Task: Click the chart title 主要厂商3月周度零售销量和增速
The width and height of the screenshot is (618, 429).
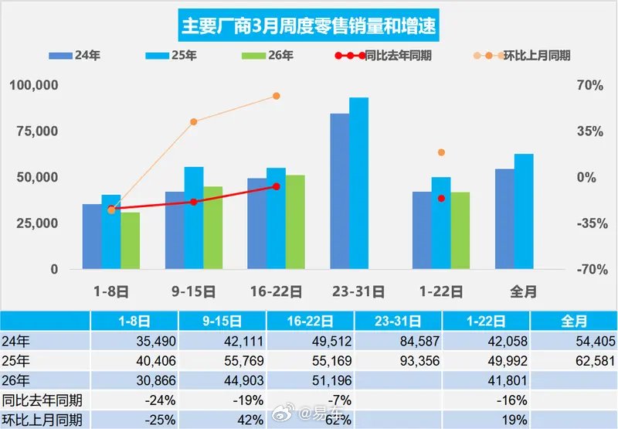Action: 309,26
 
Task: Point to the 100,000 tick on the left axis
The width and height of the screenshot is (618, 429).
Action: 34,85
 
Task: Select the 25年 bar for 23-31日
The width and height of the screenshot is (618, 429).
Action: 358,183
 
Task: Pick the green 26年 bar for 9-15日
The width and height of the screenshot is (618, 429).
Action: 212,228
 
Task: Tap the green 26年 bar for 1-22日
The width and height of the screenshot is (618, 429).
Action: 460,230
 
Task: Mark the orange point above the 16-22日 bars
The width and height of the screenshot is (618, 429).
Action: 276,96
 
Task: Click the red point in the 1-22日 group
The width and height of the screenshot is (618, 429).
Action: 442,199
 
